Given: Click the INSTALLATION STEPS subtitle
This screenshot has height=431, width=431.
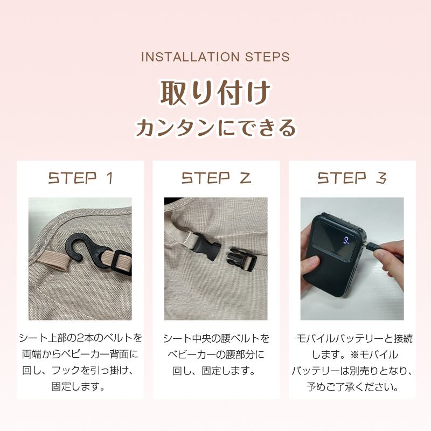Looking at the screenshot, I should coord(215,57).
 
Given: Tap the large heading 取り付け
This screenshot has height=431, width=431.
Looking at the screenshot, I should coord(215,93).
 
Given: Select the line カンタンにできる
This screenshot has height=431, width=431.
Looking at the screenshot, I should coord(215,128).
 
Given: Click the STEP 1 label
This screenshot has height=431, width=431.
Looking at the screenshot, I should coord(80,178).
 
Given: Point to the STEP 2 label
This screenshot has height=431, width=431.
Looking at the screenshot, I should coord(216,178).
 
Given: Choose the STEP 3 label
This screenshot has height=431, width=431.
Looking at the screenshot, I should coord(352,178).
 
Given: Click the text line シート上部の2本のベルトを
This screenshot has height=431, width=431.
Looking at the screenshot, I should coord(80,338).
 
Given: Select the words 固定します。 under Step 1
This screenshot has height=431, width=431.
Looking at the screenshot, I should coord(80,387).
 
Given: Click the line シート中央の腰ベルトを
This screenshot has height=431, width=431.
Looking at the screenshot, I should coord(216,338).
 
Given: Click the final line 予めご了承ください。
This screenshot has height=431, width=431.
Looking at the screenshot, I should coord(353,387).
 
